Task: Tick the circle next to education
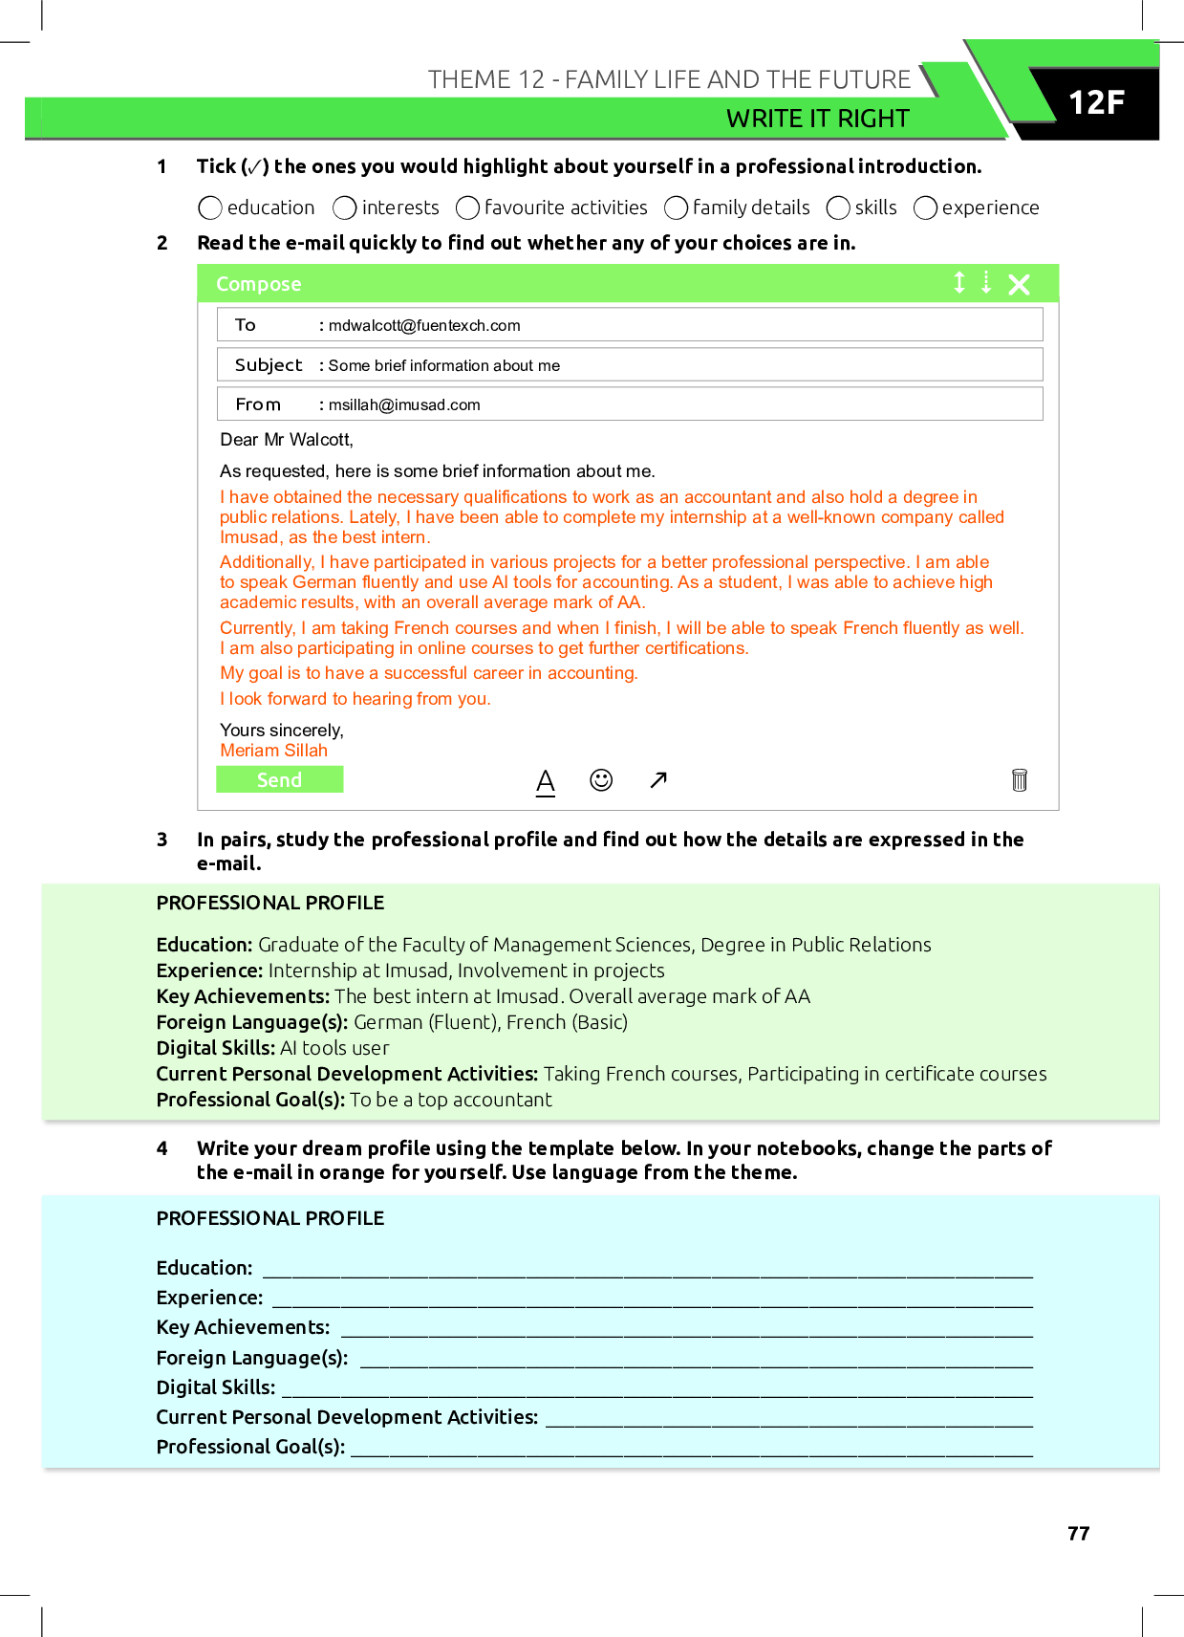[x=210, y=207]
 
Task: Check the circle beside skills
[x=838, y=207]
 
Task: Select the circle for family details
[x=676, y=207]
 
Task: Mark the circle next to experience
[x=925, y=207]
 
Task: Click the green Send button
[x=279, y=780]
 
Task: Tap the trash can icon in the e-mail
[x=1020, y=780]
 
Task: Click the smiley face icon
[x=601, y=780]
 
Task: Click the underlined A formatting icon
[x=546, y=781]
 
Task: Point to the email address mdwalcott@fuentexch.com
[x=424, y=325]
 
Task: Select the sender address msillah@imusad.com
[x=404, y=404]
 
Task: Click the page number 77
[x=1078, y=1534]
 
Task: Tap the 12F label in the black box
[x=1096, y=102]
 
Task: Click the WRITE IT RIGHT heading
[x=817, y=119]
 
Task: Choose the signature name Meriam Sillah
[x=273, y=751]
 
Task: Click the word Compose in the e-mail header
[x=258, y=284]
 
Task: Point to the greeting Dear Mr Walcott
[x=287, y=440]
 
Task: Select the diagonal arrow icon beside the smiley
[x=658, y=780]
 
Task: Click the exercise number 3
[x=162, y=840]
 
